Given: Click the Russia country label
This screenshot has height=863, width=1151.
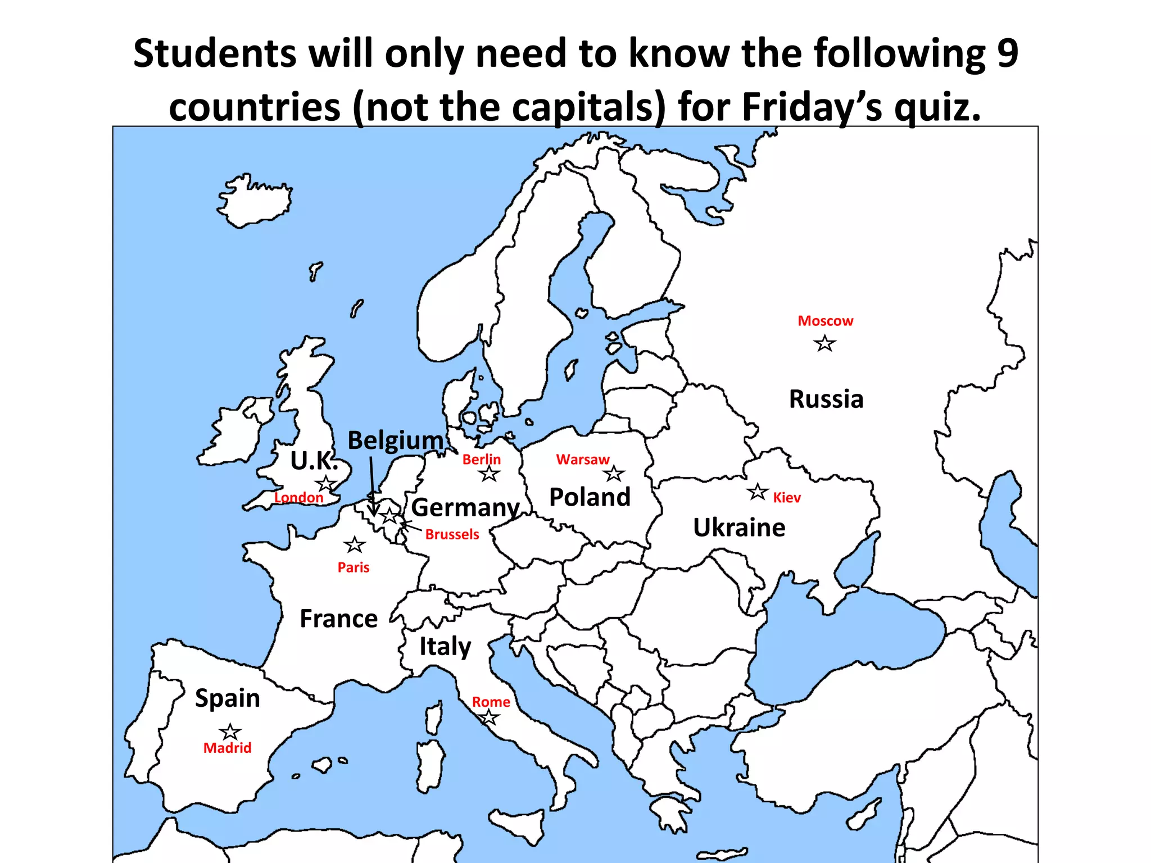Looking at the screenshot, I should tap(826, 399).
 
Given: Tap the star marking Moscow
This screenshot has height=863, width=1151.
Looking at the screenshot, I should tap(824, 343).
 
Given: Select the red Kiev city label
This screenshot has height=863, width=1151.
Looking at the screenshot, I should tap(786, 498).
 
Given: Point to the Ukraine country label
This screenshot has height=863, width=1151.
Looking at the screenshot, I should tap(739, 528).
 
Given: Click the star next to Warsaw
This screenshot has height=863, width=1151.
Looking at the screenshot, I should tap(614, 474).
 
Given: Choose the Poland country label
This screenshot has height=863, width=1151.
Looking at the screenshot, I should tap(590, 497).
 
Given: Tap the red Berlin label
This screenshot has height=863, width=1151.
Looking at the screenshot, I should tap(481, 460).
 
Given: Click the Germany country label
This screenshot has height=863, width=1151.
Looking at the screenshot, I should tap(465, 508).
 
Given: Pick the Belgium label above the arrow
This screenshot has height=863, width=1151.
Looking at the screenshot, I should tap(396, 440).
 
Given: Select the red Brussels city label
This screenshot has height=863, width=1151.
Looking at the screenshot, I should tap(452, 534).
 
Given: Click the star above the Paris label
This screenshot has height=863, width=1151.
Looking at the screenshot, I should tap(354, 544).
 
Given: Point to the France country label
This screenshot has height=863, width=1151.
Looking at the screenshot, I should tap(338, 619).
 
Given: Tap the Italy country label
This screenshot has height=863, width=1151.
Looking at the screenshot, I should tap(445, 647).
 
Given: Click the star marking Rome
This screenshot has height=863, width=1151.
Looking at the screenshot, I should tap(489, 717).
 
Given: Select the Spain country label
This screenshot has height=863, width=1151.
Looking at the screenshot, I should tap(228, 698).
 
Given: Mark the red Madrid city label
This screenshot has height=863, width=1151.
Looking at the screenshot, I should tap(227, 748).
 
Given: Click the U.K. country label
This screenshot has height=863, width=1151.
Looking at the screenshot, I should tap(314, 461).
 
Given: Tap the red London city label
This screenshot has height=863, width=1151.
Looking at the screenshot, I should tap(298, 498).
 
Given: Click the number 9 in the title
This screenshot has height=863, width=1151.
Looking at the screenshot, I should tap(1007, 53).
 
